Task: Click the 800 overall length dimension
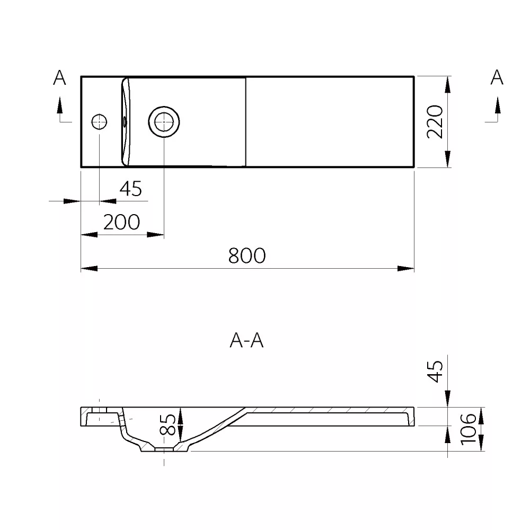pos(247,255)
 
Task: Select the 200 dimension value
pos(121,222)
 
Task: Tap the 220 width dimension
pos(435,122)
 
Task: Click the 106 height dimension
pos(468,429)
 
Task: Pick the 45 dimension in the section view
pos(435,372)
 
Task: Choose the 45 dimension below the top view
pos(131,189)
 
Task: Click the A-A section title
pos(246,340)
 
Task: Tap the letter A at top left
pos(59,77)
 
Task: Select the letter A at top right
pos(497,77)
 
